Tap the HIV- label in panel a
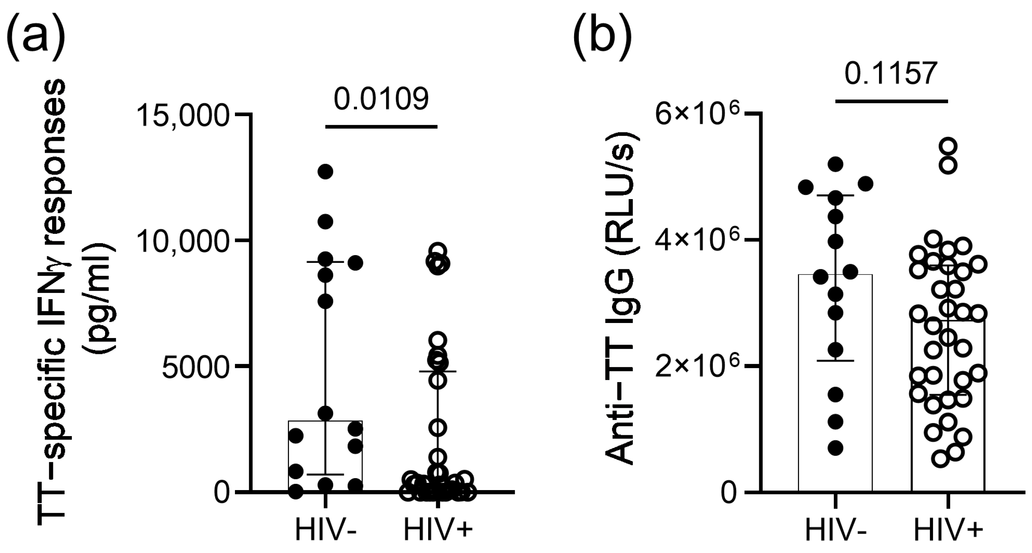(x=326, y=531)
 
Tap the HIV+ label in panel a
(x=438, y=531)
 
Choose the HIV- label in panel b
(x=836, y=531)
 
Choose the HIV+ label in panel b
(x=948, y=531)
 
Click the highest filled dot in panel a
(x=325, y=172)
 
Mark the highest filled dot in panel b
(x=836, y=164)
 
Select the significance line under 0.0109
(x=381, y=127)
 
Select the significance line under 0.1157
(x=892, y=101)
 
